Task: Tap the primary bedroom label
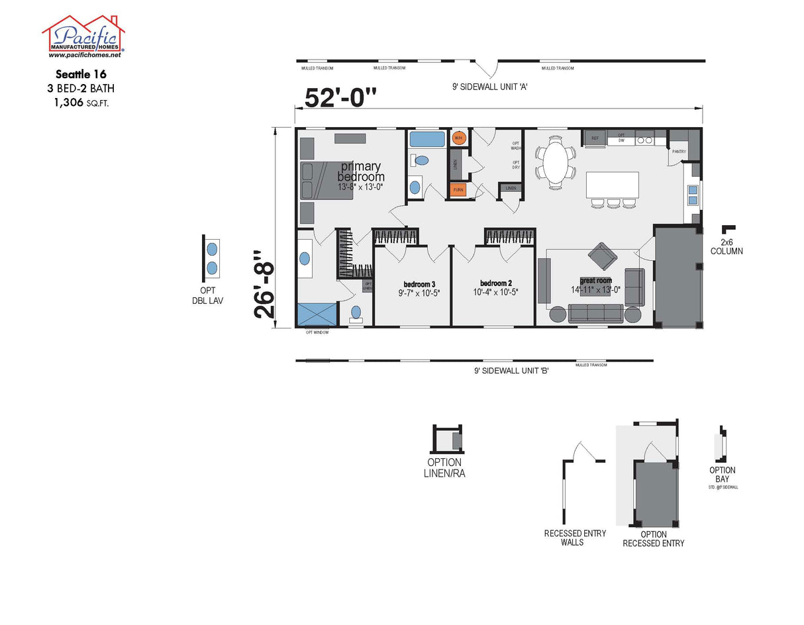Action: click(360, 171)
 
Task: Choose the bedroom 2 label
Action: click(496, 283)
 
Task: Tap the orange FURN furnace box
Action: click(458, 190)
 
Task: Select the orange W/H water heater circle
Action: click(459, 138)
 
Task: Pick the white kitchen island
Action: click(613, 185)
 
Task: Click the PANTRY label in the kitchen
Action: click(679, 152)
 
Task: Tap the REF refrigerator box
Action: click(595, 138)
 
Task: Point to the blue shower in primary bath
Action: click(317, 314)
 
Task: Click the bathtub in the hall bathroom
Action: click(427, 140)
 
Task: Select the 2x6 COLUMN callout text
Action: click(727, 246)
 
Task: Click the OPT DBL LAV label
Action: click(213, 295)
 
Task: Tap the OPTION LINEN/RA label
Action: click(444, 468)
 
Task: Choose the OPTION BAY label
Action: click(722, 475)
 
